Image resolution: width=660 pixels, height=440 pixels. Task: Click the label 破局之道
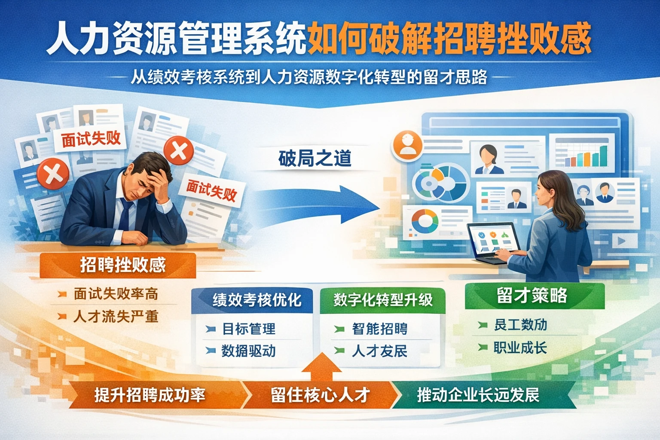click(315, 159)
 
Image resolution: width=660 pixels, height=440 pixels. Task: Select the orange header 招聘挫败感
click(122, 265)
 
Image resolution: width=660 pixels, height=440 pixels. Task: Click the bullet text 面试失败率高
click(116, 294)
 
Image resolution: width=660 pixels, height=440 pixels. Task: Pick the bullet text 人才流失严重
click(116, 317)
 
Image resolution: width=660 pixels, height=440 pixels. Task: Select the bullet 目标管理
click(248, 329)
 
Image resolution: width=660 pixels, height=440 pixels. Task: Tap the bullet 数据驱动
click(248, 351)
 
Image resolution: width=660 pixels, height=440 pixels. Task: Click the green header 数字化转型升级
click(383, 300)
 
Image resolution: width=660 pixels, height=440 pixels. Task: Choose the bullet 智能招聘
click(379, 329)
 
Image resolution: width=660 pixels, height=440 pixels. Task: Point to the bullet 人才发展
click(379, 351)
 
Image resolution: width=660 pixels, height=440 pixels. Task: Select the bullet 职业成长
click(520, 347)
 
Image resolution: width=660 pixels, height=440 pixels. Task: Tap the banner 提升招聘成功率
click(150, 394)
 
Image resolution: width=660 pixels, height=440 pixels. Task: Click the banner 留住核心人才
click(320, 395)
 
